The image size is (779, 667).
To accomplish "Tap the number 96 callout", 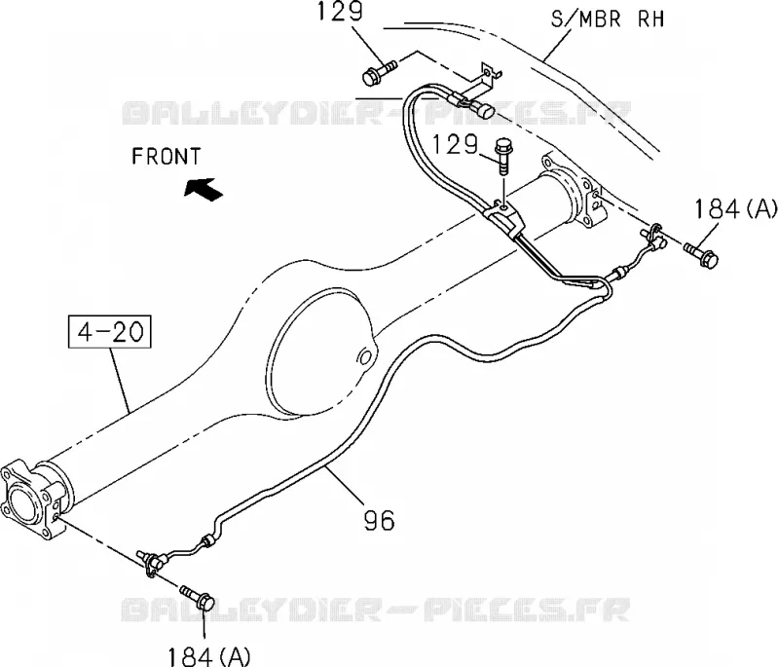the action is (x=380, y=520).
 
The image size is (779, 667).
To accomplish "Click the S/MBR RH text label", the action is (x=607, y=19).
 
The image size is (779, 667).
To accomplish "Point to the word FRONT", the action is (x=166, y=157).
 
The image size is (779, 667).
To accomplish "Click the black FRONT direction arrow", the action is (x=204, y=189).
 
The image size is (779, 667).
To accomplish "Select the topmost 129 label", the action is (x=340, y=11).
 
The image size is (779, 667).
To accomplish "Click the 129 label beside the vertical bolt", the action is (x=455, y=144).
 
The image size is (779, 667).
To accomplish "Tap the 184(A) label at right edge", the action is (x=735, y=208).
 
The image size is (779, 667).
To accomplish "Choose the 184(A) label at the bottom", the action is (x=208, y=656).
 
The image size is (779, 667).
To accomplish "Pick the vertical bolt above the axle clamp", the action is (x=502, y=156).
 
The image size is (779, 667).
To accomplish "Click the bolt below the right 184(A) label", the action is (x=700, y=254).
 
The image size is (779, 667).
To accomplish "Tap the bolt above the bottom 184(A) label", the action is (x=198, y=598).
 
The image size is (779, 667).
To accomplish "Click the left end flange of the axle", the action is (x=31, y=500).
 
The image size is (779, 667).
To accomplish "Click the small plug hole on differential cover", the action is (x=365, y=358).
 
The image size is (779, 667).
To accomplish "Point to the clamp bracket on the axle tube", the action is (x=504, y=217).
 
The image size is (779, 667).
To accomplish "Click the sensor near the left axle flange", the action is (x=151, y=562).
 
